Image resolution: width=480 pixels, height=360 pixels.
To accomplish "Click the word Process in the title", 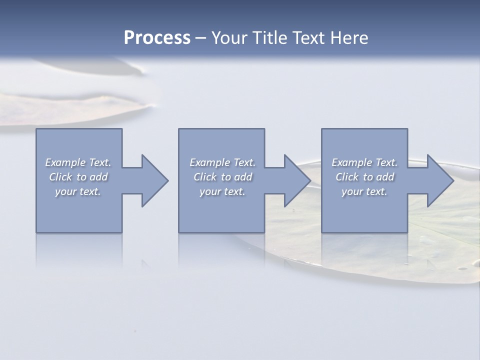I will tap(157, 38).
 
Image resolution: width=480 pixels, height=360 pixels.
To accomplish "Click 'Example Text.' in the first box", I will tap(78, 162).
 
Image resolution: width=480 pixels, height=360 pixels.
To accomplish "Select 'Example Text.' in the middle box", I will tap(222, 162).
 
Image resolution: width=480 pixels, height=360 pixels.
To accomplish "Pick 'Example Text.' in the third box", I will tap(364, 162).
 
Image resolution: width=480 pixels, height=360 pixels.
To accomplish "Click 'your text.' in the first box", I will tap(78, 191).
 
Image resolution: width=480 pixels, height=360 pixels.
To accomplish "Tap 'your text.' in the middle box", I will tap(222, 191).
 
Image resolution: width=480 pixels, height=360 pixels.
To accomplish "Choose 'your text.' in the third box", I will tap(364, 191).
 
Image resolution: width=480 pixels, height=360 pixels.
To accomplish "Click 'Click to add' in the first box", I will tap(78, 177).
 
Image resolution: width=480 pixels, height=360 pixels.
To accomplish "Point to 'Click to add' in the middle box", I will tap(222, 177).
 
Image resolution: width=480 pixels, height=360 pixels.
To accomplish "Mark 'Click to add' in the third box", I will tap(364, 177).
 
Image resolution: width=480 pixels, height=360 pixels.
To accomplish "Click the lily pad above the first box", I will tap(75, 107).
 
